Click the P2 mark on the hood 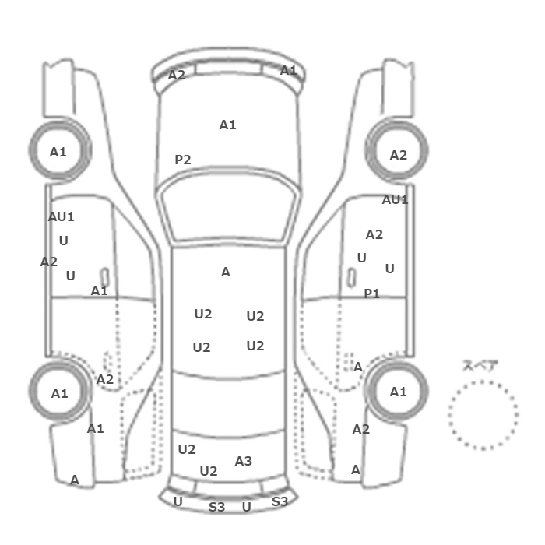[183, 160]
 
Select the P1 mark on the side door [371, 294]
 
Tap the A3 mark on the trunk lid [243, 461]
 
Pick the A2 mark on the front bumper [177, 75]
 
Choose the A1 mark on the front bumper [289, 71]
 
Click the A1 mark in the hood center [227, 125]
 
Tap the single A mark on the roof [226, 272]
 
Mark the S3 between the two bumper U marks [217, 507]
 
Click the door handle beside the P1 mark [351, 278]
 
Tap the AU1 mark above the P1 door [395, 200]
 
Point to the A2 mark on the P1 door [374, 235]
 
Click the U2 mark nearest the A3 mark [209, 471]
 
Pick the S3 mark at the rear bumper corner [280, 501]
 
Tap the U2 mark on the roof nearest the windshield [203, 315]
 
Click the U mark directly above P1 [362, 258]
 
